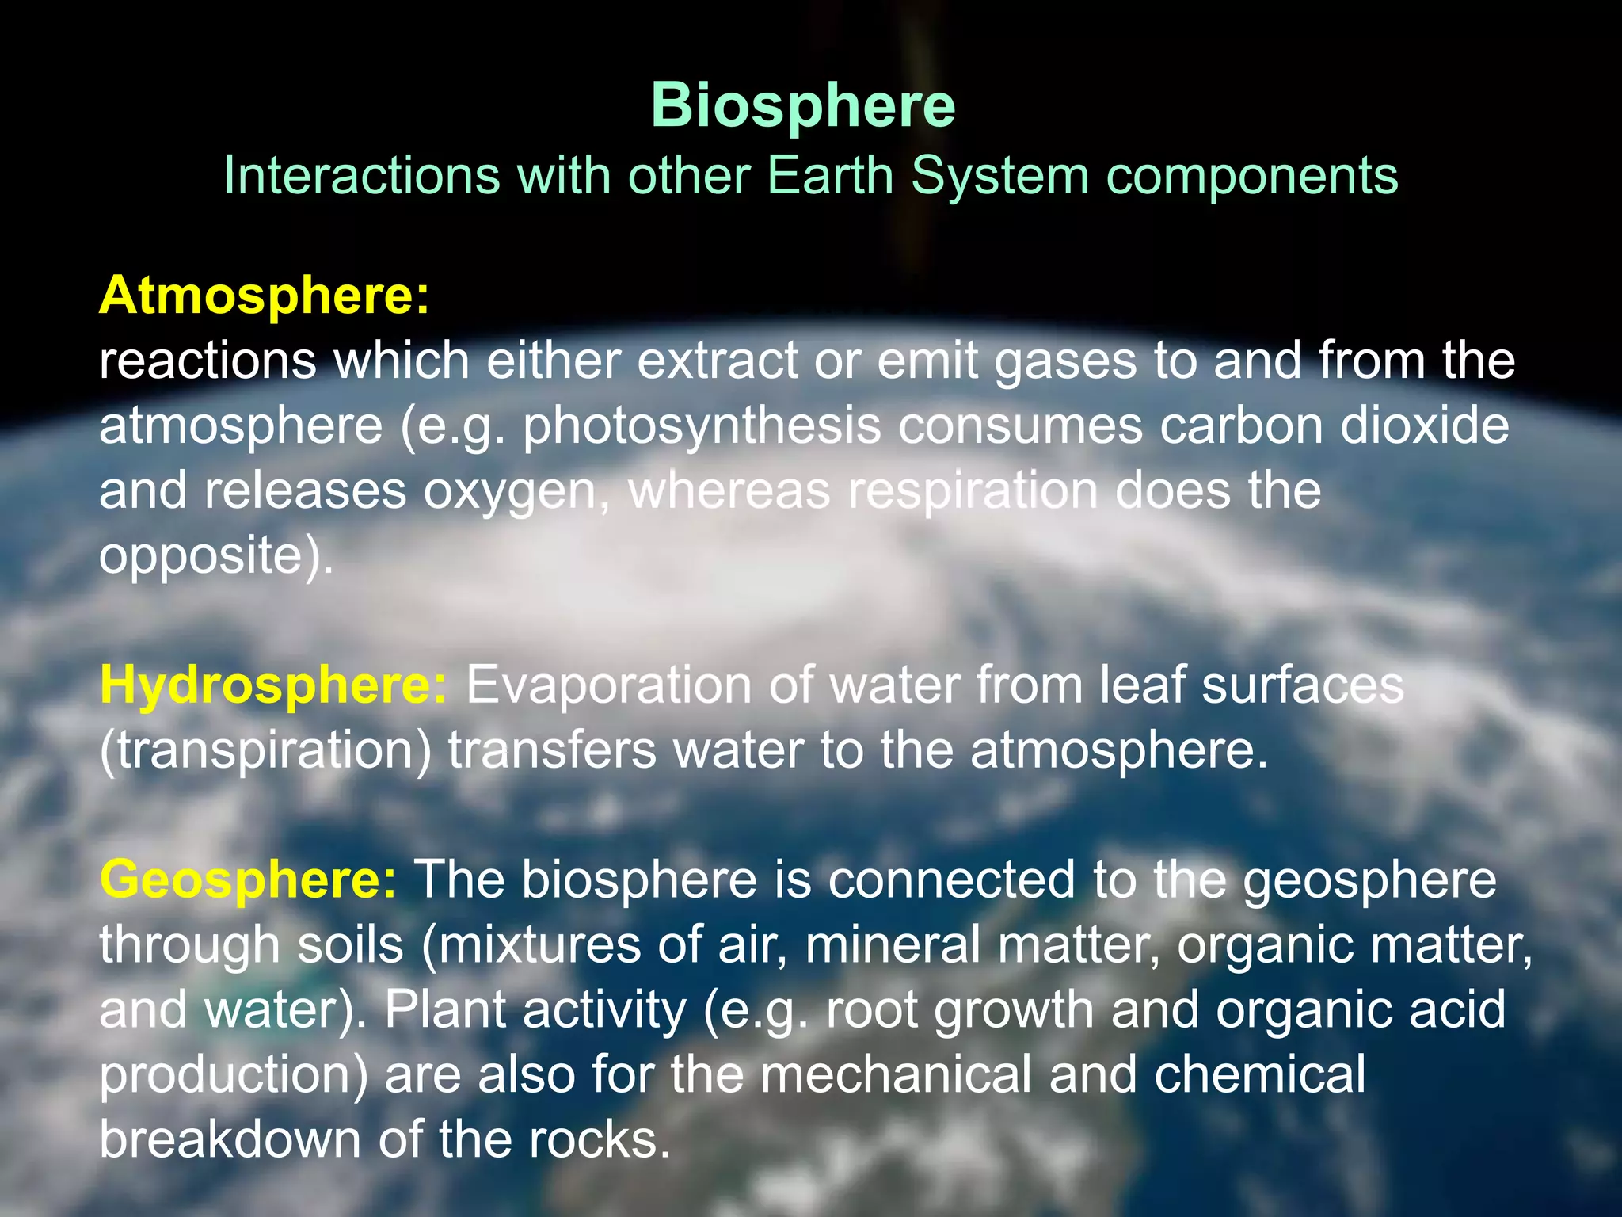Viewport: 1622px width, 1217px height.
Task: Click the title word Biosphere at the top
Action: [x=802, y=105]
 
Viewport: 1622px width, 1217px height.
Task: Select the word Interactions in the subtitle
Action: [x=362, y=175]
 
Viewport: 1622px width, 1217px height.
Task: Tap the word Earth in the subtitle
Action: [x=830, y=175]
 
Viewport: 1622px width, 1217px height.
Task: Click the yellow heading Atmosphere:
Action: [x=265, y=296]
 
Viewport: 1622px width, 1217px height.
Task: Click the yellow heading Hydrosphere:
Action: [x=274, y=685]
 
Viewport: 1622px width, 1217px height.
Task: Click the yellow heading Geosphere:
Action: [x=248, y=880]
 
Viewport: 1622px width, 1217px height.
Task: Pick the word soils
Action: [x=350, y=945]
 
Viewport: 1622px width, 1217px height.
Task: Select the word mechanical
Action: [x=896, y=1075]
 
